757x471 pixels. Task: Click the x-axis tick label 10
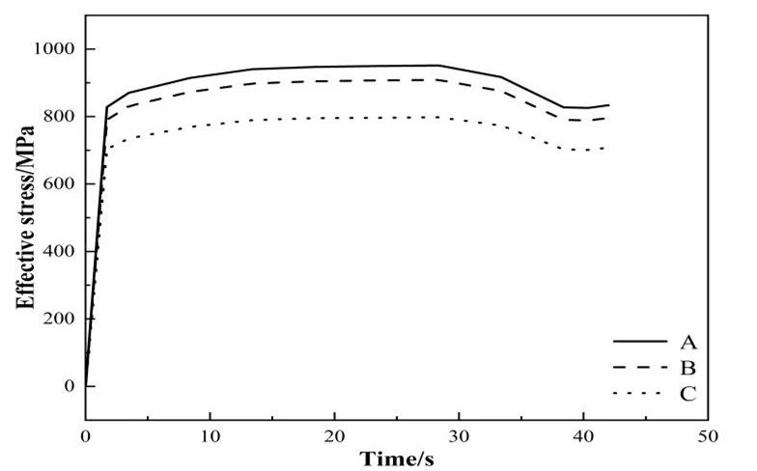210,437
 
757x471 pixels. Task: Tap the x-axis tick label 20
334,437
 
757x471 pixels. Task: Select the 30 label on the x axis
459,437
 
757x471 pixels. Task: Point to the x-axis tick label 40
583,437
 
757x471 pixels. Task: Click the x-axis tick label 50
708,437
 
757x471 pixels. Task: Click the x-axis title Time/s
396,458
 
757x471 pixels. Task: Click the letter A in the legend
687,342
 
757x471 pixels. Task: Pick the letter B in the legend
687,368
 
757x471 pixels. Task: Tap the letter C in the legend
687,394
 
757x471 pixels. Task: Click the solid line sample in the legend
640,342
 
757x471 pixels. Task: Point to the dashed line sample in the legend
640,368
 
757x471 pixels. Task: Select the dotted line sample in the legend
640,394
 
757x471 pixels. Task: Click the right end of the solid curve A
608,104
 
